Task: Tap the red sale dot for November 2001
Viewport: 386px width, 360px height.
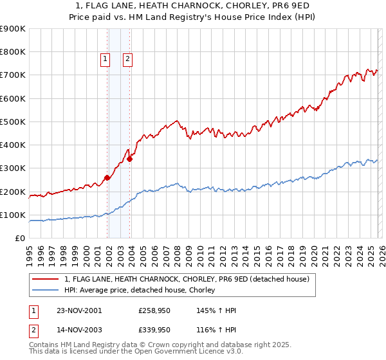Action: [107, 178]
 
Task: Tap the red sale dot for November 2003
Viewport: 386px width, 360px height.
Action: [129, 159]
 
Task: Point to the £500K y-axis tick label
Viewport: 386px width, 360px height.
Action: [13, 122]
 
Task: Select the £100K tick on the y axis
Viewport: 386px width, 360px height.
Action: [13, 215]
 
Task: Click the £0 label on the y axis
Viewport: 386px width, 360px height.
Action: [21, 239]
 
